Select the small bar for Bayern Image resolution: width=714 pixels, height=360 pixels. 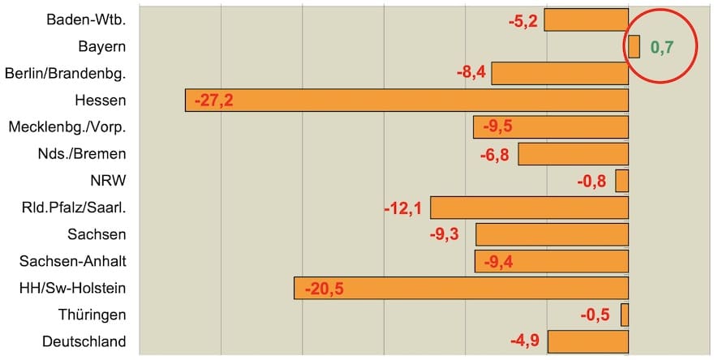(634, 46)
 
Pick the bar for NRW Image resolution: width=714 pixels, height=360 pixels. (622, 180)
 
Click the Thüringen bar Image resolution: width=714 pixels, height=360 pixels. (625, 315)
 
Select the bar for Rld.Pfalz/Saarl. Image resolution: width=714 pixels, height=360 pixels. (529, 208)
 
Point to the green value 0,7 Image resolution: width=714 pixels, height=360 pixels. (662, 47)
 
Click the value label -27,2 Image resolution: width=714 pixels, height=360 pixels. (213, 101)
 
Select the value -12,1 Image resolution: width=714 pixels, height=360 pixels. (402, 208)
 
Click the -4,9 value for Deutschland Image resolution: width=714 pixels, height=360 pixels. (525, 341)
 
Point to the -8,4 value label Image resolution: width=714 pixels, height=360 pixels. (471, 73)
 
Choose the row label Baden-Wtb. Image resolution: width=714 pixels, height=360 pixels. (87, 19)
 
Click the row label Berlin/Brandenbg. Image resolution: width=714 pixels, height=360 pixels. (65, 74)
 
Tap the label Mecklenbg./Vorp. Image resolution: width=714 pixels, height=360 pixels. (67, 127)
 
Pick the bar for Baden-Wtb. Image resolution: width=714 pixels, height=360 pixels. (586, 19)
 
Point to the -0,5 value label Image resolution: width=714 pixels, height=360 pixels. (596, 315)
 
